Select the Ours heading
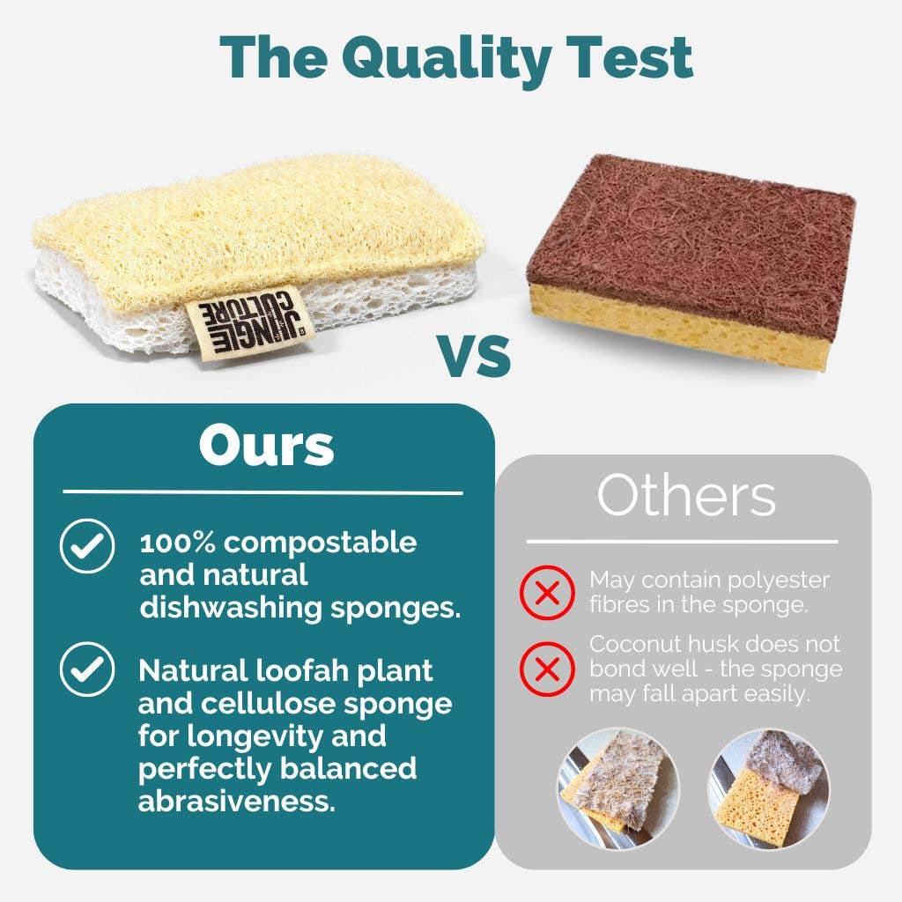pyautogui.click(x=266, y=447)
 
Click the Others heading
pyautogui.click(x=686, y=497)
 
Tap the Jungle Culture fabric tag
pyautogui.click(x=248, y=323)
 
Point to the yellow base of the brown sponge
pyautogui.click(x=669, y=325)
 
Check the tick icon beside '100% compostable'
pyautogui.click(x=86, y=546)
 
